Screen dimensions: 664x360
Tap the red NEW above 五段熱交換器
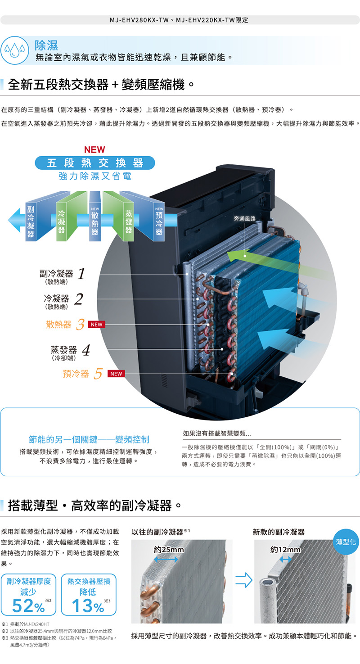click(94, 149)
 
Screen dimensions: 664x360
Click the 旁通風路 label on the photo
click(245, 218)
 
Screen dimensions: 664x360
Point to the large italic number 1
click(81, 274)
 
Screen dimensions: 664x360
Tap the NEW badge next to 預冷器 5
click(117, 374)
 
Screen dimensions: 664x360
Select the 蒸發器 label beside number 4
click(63, 350)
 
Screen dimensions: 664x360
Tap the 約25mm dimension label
click(169, 550)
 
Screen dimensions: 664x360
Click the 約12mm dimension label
click(285, 550)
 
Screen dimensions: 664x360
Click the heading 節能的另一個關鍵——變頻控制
click(89, 439)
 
